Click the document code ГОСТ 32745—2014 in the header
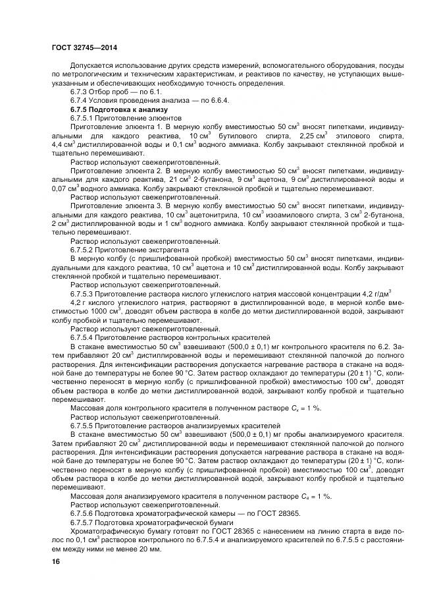coord(84,47)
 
